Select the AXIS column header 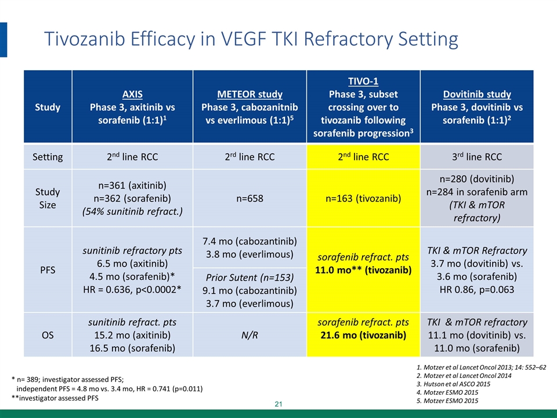[x=135, y=93]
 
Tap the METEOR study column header [x=250, y=93]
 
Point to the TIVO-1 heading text [x=363, y=81]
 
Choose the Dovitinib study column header [x=478, y=93]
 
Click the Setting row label [x=48, y=157]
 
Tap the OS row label [x=48, y=334]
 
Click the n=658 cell [x=250, y=199]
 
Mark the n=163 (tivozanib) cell [x=363, y=199]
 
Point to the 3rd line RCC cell [x=478, y=157]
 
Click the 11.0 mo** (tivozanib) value [x=363, y=270]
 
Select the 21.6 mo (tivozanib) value [x=363, y=335]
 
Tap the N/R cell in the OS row [x=250, y=334]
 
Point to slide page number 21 [x=278, y=403]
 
